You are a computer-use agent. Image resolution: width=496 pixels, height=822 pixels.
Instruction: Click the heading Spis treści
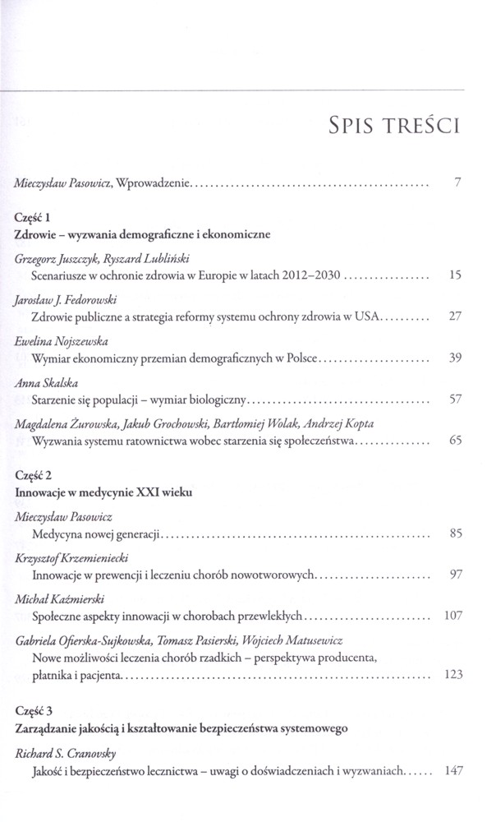pos(393,126)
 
